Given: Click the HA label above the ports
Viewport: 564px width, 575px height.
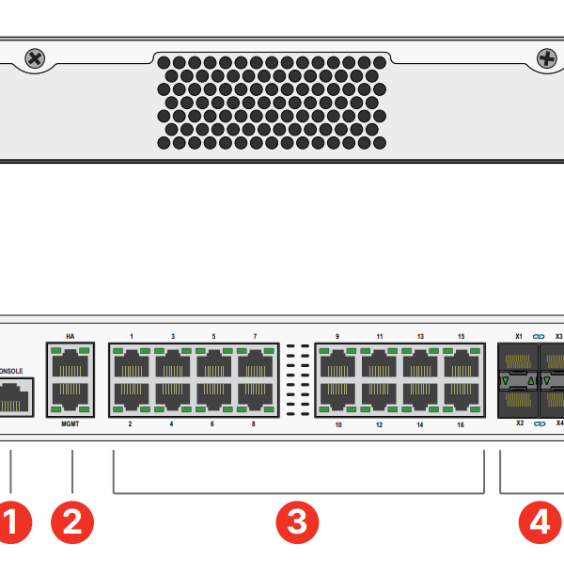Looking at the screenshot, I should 70,336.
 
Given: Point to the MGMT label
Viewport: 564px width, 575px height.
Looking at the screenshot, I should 70,424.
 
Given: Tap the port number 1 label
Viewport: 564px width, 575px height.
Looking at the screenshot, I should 132,336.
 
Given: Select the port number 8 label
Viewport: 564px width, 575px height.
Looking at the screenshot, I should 254,424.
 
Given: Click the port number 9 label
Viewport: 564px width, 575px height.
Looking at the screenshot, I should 337,336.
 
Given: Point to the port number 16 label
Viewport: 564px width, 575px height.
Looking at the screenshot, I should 461,424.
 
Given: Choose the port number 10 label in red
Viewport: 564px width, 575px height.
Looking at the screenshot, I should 337,424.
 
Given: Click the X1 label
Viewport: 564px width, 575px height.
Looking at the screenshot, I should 519,336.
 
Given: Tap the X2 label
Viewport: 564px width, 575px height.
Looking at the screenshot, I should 519,424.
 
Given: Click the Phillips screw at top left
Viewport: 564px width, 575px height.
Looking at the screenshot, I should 35,59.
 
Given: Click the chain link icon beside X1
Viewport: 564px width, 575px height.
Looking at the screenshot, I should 540,336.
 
